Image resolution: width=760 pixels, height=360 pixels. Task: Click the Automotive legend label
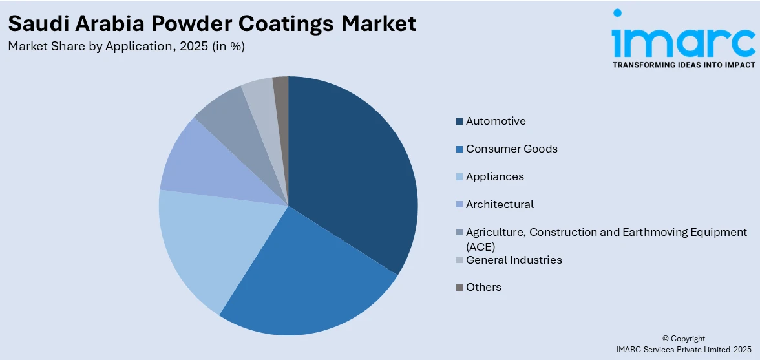pos(496,121)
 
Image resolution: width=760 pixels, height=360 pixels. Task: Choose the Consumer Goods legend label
pos(511,149)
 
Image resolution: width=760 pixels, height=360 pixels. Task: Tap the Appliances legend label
pos(494,176)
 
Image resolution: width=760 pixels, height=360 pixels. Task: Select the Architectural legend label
pos(500,204)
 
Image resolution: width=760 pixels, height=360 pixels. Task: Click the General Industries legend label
pos(514,260)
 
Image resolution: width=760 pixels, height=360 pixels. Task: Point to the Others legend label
pos(483,287)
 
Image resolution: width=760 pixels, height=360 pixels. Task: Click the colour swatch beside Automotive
pos(459,122)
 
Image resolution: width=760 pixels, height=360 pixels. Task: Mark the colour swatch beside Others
pos(459,288)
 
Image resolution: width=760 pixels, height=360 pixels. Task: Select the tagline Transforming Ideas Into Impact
pos(683,65)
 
